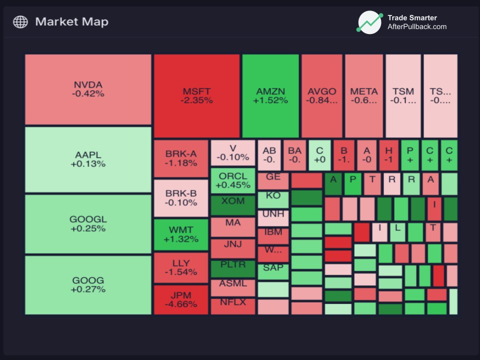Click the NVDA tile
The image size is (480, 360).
[88, 89]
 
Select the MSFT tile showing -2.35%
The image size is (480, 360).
[196, 96]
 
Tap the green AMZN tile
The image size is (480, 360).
[270, 96]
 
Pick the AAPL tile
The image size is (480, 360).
[88, 159]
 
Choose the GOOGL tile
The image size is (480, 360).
[88, 224]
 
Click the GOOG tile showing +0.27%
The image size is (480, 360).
[88, 285]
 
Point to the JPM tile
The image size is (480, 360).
[181, 299]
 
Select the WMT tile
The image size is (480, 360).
[181, 234]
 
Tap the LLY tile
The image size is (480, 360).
[181, 268]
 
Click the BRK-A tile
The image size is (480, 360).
[181, 158]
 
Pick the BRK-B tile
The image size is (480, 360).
[181, 198]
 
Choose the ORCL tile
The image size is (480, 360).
[233, 180]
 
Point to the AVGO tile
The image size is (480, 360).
[322, 96]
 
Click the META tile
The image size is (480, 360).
[364, 96]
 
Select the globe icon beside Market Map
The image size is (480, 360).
[20, 22]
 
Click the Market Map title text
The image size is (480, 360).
[71, 22]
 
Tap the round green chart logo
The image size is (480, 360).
[369, 22]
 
